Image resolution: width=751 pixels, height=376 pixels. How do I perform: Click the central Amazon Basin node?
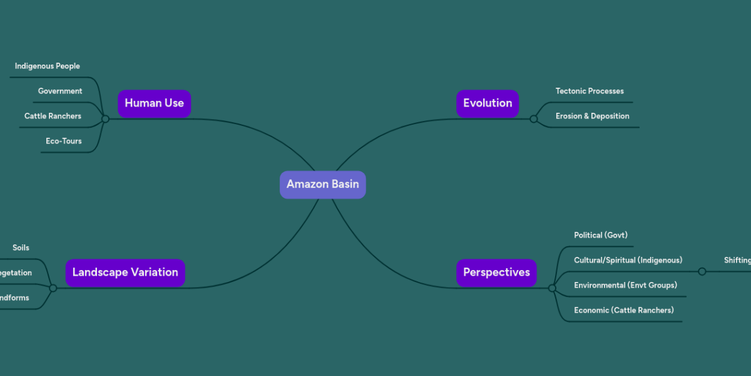click(x=322, y=184)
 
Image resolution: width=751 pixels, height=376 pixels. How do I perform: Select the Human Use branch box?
click(x=154, y=103)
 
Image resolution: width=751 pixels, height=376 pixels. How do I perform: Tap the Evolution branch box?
click(x=488, y=103)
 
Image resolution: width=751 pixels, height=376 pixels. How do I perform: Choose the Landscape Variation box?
click(x=125, y=273)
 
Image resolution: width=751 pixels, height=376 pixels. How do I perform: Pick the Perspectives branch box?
click(x=496, y=273)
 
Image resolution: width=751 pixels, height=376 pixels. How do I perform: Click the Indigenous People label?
click(x=48, y=66)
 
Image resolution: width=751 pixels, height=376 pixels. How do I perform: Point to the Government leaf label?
click(x=60, y=91)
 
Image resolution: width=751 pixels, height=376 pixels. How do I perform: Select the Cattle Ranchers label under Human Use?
click(x=53, y=116)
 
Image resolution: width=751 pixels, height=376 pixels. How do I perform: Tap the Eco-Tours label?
click(x=63, y=141)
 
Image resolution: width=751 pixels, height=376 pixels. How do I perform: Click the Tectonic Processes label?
click(x=590, y=91)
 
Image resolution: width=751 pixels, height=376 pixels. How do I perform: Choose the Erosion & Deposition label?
click(x=592, y=116)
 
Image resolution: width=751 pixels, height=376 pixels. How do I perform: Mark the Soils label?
click(x=21, y=248)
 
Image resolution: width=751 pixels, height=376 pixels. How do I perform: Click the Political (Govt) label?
click(x=600, y=235)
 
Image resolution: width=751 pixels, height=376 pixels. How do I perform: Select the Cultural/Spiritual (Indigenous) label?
click(x=628, y=260)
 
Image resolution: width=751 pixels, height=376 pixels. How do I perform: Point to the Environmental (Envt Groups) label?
click(x=625, y=285)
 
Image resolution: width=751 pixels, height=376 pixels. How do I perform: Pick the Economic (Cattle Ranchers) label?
click(x=623, y=310)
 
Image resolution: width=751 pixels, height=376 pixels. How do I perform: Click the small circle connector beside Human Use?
click(x=105, y=118)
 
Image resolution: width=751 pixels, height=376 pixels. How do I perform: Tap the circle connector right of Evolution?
click(x=533, y=118)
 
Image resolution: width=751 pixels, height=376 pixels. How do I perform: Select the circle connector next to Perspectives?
click(x=552, y=288)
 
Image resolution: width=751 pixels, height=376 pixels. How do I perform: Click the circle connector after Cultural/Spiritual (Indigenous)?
click(x=702, y=271)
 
